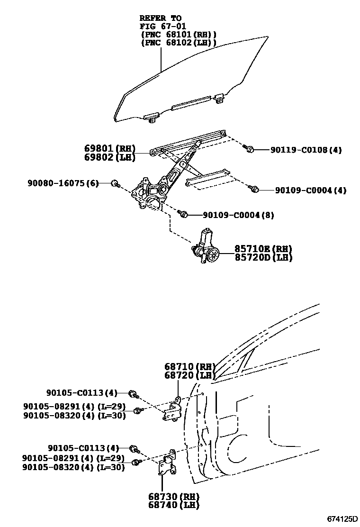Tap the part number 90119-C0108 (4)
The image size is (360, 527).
306,150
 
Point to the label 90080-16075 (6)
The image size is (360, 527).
63,183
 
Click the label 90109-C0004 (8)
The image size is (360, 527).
238,215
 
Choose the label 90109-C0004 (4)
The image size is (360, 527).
311,191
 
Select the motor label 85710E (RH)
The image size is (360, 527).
263,249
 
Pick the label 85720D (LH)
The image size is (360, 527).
263,258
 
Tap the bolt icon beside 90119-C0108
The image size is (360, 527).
249,149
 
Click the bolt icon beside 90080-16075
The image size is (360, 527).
115,183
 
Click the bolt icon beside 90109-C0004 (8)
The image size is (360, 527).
184,215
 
